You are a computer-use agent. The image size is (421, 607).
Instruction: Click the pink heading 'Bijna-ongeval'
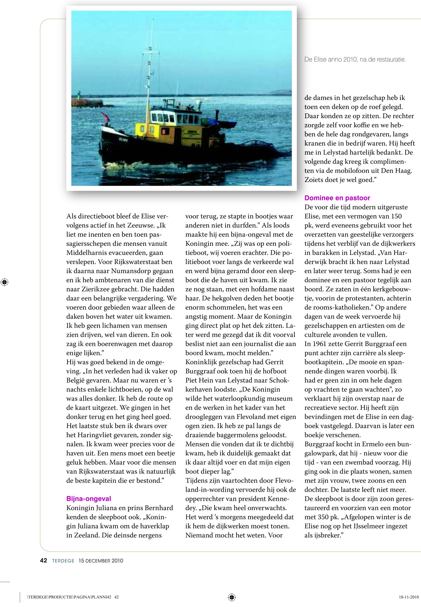[x=89, y=499]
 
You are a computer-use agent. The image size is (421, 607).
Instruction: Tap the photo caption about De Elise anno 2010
[x=355, y=60]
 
